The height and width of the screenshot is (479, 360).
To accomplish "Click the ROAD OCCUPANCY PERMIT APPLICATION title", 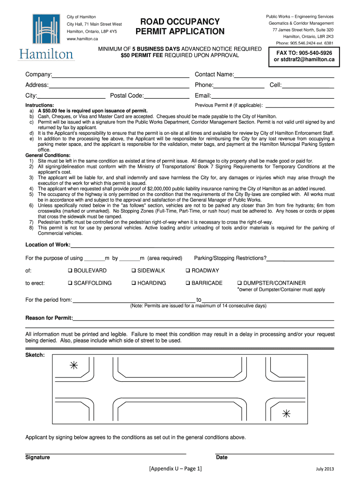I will point(180,27).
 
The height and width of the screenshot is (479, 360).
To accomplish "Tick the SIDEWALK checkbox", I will point(134,271).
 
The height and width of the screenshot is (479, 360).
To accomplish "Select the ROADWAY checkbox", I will point(188,271).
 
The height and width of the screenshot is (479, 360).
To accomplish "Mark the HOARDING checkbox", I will point(134,283).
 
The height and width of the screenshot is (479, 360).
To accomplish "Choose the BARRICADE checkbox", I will point(188,283).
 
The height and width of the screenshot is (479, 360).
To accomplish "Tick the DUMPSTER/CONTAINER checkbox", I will point(240,283).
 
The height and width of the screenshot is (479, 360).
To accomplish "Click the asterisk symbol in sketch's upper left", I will point(73,366).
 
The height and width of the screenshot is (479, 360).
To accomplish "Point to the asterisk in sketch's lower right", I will point(286,413).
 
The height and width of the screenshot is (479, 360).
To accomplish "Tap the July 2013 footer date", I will point(324,469).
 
